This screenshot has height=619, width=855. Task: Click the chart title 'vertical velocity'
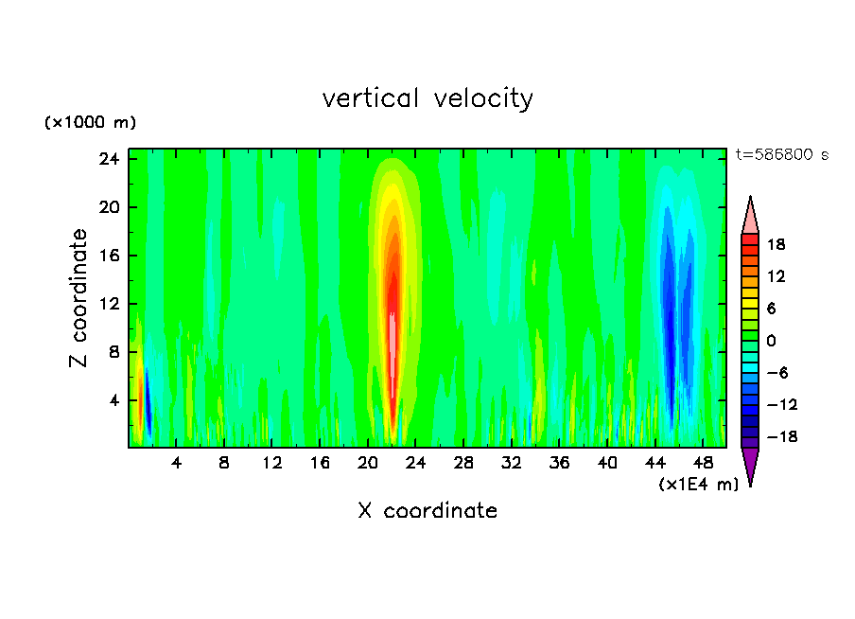pos(427,98)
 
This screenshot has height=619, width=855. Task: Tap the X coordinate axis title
pos(427,511)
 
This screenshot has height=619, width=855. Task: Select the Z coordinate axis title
pos(79,298)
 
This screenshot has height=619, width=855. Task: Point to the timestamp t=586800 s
pos(781,154)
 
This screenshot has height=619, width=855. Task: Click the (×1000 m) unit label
pos(91,123)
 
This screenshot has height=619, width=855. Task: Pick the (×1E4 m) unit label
pos(698,484)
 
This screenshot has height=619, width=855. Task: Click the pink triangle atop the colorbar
pos(750,216)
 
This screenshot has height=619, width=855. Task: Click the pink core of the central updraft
pos(392,345)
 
